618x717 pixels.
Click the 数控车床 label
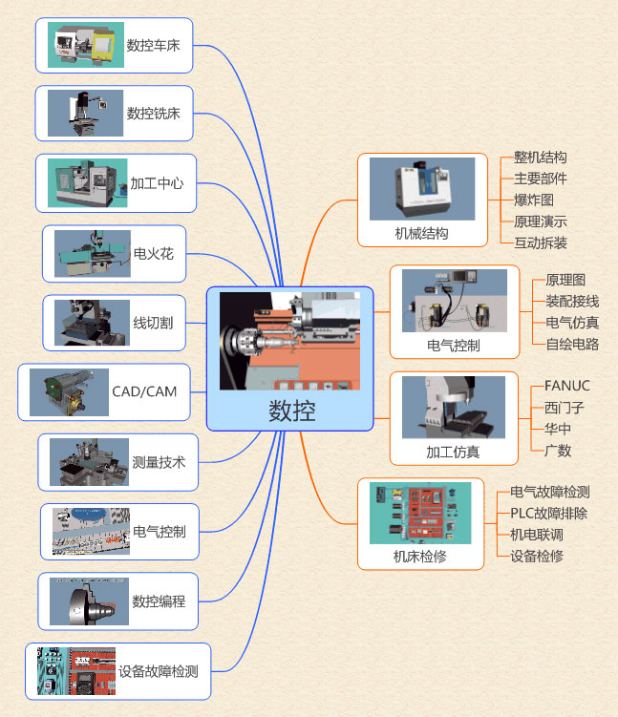[x=153, y=45]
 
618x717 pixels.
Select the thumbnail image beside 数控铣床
[x=86, y=113]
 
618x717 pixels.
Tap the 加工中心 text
[x=157, y=182]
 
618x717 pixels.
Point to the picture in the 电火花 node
[x=92, y=253]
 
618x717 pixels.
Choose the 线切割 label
[x=153, y=323]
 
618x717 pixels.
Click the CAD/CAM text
[x=144, y=390]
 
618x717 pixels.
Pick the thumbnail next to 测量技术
[x=89, y=462]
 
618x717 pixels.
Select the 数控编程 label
[x=159, y=601]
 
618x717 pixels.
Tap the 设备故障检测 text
[x=159, y=670]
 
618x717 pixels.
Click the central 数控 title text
[x=291, y=411]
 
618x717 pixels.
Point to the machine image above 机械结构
[x=422, y=189]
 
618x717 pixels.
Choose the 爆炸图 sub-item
[x=534, y=200]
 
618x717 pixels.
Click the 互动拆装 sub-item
[x=541, y=243]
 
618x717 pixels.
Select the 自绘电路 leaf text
[x=572, y=344]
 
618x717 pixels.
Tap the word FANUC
[x=567, y=386]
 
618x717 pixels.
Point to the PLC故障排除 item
[x=549, y=513]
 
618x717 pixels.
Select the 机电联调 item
[x=537, y=535]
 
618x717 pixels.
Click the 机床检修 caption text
[x=420, y=556]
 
